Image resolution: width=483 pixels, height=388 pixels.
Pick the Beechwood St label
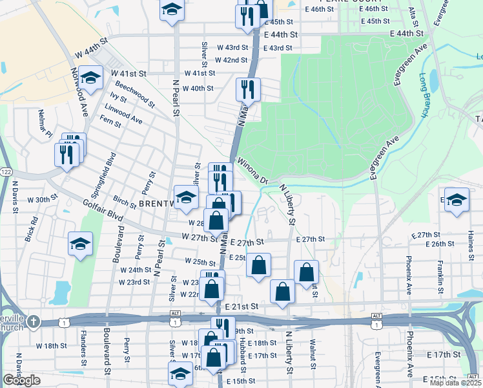click(x=135, y=94)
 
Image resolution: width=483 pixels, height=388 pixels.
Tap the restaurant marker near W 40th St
click(x=247, y=89)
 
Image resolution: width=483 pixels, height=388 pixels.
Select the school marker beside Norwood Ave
click(x=91, y=78)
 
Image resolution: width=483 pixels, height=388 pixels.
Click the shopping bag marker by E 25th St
click(x=258, y=265)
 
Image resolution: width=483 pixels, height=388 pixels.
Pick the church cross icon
click(x=33, y=321)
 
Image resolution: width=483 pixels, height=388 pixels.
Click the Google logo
click(x=21, y=381)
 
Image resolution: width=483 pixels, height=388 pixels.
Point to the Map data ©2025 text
click(x=455, y=383)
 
